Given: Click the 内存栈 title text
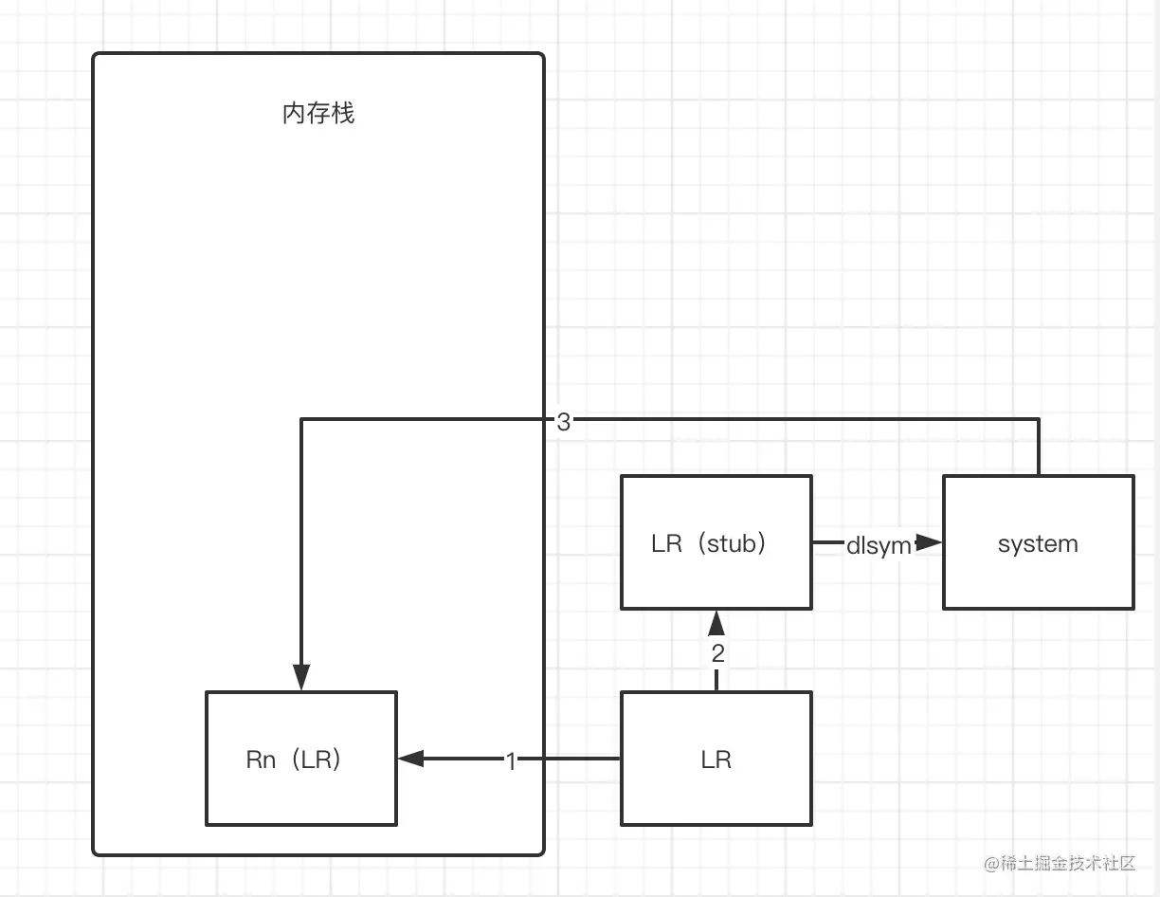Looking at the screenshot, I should tap(318, 115).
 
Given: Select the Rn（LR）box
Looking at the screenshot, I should tap(301, 759).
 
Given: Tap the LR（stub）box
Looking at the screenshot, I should tap(716, 542).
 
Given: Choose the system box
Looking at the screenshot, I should tap(1038, 542).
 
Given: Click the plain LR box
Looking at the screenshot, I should tap(716, 759).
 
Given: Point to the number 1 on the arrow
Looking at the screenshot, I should tap(511, 760).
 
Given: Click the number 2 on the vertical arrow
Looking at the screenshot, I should tap(717, 653).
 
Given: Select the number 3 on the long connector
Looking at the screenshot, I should tap(563, 423).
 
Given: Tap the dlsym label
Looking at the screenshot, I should tap(878, 545).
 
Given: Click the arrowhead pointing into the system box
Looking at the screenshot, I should tap(930, 542).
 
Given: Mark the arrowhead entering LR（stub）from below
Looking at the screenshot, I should tap(716, 623).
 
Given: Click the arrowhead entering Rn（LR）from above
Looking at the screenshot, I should tap(301, 678).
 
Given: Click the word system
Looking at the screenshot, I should tap(1038, 544).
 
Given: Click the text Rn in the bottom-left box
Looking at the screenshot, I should tap(261, 760).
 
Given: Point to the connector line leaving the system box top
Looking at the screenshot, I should tap(1039, 447).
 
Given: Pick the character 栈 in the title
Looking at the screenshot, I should tap(343, 115).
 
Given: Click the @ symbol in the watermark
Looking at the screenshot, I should tap(992, 864).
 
